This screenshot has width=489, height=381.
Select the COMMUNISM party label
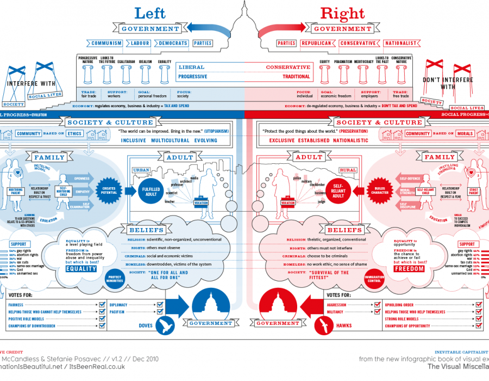pos(106,43)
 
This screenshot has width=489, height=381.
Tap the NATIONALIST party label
pos(400,43)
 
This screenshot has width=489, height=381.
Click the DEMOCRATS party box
pos(173,43)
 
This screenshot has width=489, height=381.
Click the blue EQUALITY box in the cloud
pos(81,268)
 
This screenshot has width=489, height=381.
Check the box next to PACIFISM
pos(160,312)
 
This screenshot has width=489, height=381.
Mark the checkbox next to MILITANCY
pos(377,312)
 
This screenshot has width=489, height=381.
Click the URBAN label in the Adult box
pos(141,170)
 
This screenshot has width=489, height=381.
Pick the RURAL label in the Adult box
pos(348,170)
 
